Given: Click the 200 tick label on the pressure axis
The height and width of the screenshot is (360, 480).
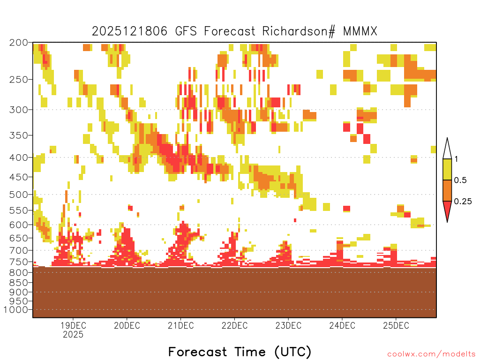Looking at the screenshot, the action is pos(19,43).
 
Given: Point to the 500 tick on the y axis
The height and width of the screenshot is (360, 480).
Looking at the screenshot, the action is pos(19,195).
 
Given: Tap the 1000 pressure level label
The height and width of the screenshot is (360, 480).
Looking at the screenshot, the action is pos(16,310).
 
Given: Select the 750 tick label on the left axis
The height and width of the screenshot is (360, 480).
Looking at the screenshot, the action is pos(19,262).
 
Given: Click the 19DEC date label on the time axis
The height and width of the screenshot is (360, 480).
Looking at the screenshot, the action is pos(73,325).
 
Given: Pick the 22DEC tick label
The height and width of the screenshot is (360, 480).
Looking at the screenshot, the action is pos(234,325).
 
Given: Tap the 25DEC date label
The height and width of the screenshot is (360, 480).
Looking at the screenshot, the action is pos(396,325).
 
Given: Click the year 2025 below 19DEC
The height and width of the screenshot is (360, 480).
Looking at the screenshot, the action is pos(73,335).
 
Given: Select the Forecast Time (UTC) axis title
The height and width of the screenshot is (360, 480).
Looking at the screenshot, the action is pos(240,352).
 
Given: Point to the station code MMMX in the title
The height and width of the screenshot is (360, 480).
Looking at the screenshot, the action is pos(360,31).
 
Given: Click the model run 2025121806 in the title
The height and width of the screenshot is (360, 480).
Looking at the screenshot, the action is pos(130,31).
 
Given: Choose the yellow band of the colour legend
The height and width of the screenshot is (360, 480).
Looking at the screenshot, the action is pos(447,169).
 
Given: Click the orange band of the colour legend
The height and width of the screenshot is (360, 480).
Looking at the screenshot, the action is pos(447,190).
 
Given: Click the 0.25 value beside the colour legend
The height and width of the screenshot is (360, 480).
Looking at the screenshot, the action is pos(463,202).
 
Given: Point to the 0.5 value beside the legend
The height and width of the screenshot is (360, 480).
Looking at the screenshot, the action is pos(460,180).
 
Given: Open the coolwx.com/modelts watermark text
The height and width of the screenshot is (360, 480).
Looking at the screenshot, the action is pos(431,354).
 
